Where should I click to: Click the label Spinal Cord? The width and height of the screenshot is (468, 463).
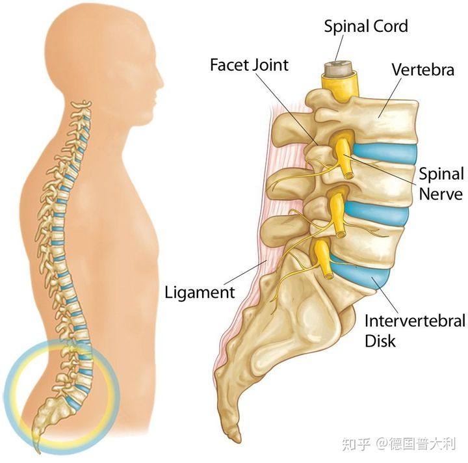366,26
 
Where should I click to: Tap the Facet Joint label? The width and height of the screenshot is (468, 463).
249,65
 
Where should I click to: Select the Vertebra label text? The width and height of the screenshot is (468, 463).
423,70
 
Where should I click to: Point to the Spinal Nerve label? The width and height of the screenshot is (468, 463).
441,184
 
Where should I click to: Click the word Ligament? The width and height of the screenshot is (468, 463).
200,292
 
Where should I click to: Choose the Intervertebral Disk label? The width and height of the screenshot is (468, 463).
415,331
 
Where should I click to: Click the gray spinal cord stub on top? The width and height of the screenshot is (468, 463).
339,68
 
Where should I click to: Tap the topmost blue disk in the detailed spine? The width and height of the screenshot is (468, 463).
385,153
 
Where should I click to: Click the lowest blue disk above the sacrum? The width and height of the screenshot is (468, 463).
363,272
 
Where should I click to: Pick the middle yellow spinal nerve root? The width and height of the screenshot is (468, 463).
337,214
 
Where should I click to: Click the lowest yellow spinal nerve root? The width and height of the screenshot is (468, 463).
324,259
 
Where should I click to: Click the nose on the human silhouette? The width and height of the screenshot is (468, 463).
161,83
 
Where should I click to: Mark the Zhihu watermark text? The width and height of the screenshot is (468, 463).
398,445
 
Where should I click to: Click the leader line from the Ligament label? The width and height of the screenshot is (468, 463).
245,272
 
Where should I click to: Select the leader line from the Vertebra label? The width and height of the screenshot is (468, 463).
390,98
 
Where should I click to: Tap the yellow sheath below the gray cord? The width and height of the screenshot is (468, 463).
340,86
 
